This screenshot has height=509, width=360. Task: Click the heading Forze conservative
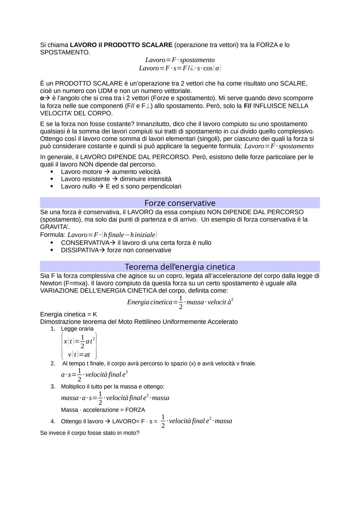click(x=180, y=203)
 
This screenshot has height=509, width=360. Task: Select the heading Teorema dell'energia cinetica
click(x=180, y=267)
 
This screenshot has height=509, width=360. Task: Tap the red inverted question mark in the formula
click(x=192, y=68)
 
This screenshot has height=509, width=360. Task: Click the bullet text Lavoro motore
click(x=81, y=172)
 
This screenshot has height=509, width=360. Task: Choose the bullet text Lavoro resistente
click(x=85, y=179)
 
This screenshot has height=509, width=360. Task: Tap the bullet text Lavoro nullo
click(x=78, y=186)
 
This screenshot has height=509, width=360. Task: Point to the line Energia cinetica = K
click(x=68, y=314)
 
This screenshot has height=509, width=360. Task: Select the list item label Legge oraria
click(x=77, y=329)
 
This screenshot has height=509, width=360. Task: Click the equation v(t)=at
click(x=79, y=355)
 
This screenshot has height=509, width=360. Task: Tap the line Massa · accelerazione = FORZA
click(x=103, y=410)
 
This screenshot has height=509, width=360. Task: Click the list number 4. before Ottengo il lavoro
click(x=53, y=421)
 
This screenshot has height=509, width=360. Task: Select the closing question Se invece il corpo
click(x=89, y=433)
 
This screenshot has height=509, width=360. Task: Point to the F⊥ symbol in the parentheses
click(x=145, y=106)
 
